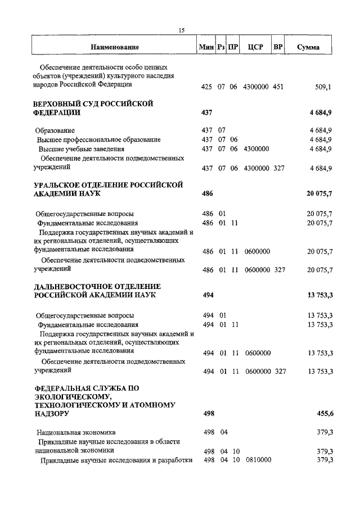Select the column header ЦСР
tap(253, 47)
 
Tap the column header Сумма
tap(308, 47)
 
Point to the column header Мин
tap(206, 47)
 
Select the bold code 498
tap(208, 414)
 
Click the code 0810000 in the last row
tap(258, 460)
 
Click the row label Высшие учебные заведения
tap(81, 149)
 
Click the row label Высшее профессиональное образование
tap(99, 139)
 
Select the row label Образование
tap(59, 130)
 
